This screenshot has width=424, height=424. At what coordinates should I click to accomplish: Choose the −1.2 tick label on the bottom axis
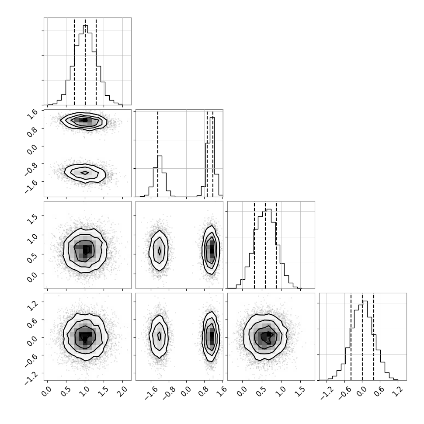coord(326,393)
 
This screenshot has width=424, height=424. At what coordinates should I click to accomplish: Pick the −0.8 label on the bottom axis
coord(168,393)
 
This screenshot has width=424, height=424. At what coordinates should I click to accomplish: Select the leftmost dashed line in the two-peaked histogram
coord(158,153)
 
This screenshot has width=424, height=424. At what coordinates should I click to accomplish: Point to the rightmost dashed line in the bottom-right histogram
coord(373,337)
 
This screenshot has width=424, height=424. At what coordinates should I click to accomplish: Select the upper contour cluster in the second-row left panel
coord(83,122)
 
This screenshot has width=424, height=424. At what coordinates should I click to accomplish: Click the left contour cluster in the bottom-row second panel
coord(159,337)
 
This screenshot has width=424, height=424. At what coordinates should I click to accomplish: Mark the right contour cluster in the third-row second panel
coord(211,250)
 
